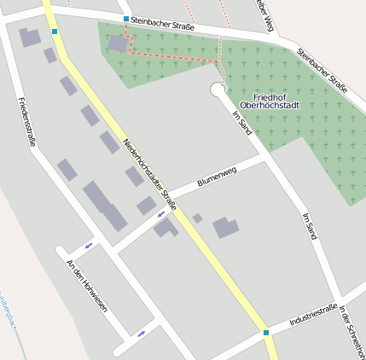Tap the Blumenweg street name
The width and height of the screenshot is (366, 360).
tap(217, 177)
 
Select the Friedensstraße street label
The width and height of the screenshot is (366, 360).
tap(26, 121)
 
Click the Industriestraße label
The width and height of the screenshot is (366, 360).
tap(312, 316)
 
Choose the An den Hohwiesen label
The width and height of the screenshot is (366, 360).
tap(87, 285)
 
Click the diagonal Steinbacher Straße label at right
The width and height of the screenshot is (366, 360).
tap(322, 70)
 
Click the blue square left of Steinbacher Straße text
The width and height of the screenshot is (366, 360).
tap(126, 19)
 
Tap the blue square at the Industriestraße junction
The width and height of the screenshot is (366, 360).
tap(266, 333)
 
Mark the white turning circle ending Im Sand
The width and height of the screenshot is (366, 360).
tap(217, 90)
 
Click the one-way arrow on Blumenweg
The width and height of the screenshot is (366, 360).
tap(160, 214)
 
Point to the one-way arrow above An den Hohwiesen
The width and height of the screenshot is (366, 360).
tap(88, 247)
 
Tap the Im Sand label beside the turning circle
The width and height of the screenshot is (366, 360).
tap(241, 123)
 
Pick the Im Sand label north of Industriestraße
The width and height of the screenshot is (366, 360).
tap(311, 225)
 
